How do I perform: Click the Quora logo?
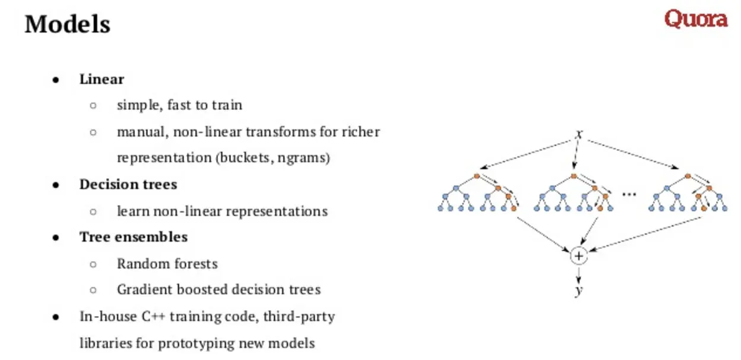point(696,20)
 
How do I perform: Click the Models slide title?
point(67,24)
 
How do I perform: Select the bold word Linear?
point(102,79)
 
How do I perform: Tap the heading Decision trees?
point(128,184)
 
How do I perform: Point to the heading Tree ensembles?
point(134,237)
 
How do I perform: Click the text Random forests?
point(167,264)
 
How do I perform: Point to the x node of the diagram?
point(578,135)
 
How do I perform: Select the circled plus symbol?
point(578,255)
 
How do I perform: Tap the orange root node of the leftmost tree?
point(477,176)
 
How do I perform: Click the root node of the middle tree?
point(574,176)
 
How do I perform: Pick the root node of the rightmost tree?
point(687,176)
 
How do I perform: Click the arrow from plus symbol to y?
point(578,273)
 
